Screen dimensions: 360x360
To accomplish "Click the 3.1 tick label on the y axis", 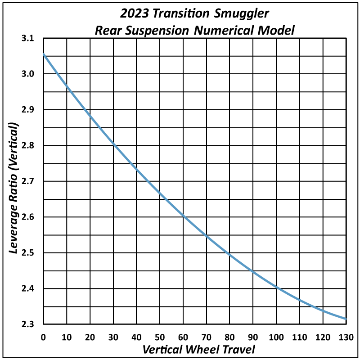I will tap(28, 39).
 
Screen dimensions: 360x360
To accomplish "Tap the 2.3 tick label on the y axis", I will tap(28, 324).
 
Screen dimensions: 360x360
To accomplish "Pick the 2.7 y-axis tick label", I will tap(28, 181).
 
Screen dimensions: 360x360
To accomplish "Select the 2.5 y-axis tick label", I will tap(28, 253).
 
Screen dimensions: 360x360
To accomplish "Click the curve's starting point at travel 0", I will tap(44, 54).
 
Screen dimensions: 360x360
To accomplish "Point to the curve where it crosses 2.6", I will tap(183, 217).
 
